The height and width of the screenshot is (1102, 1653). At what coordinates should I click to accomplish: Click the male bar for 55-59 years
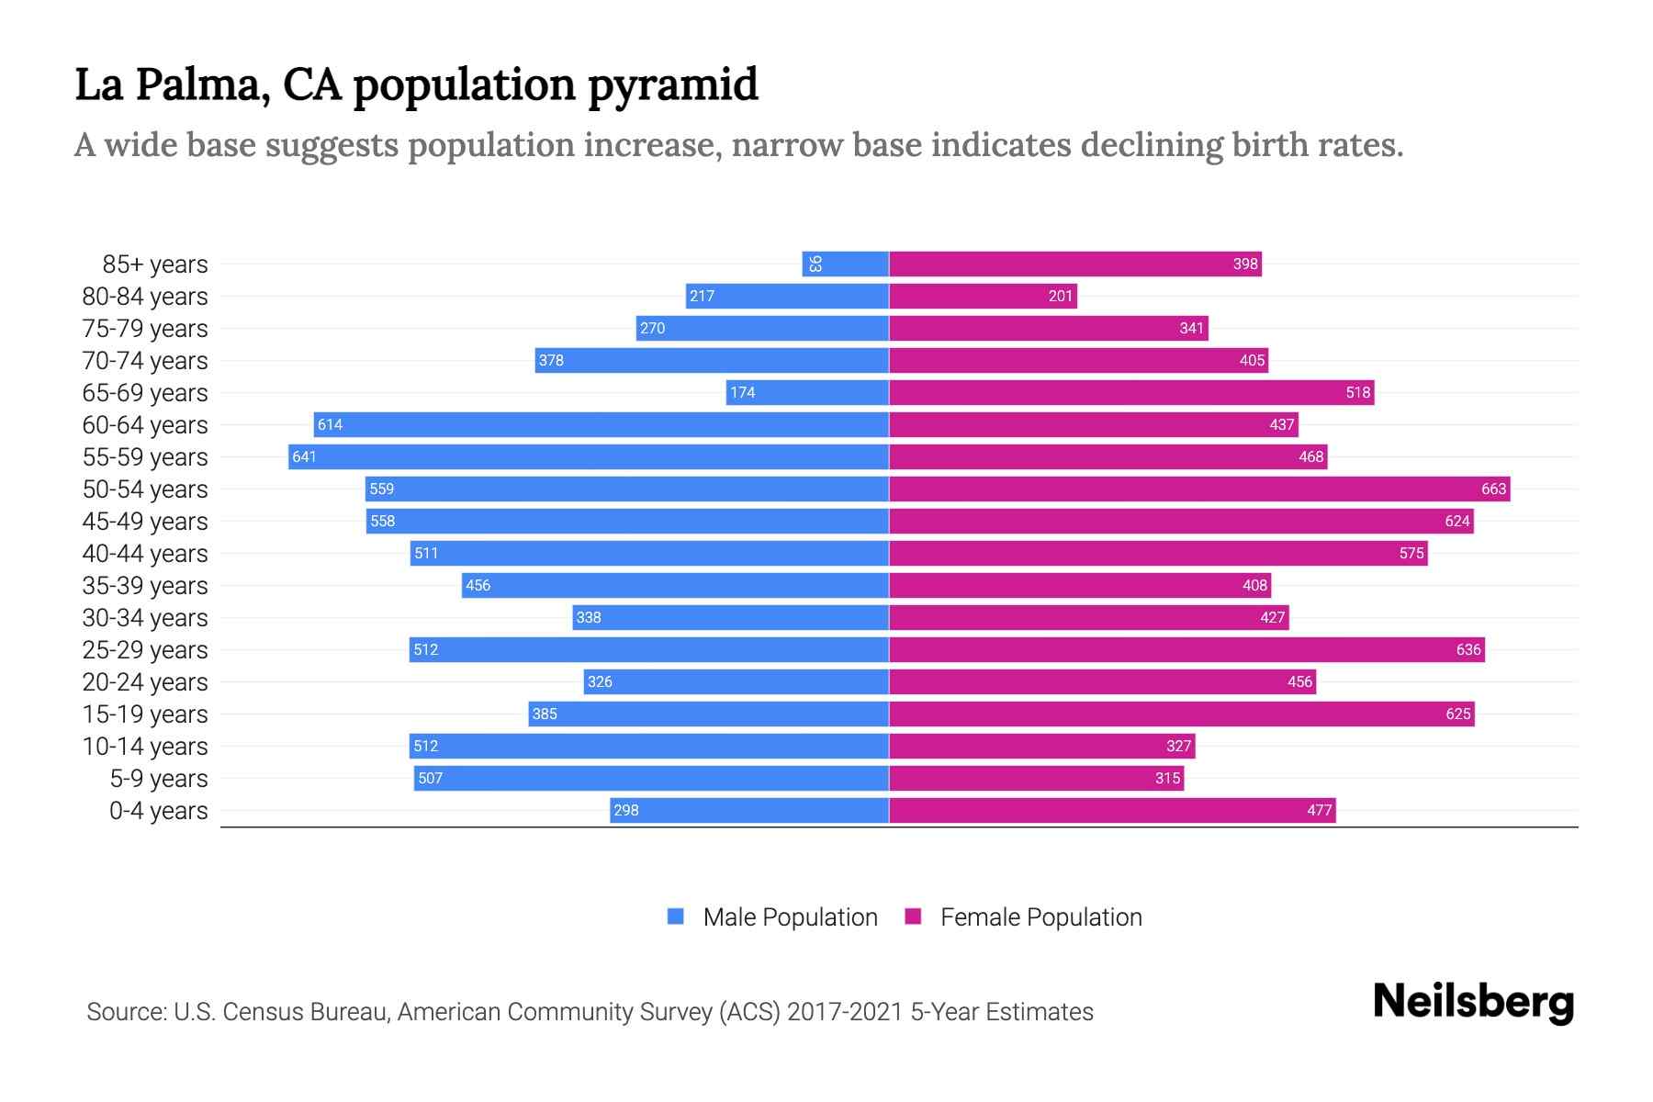(x=588, y=456)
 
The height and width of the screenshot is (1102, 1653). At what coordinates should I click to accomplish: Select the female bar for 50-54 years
(x=1198, y=489)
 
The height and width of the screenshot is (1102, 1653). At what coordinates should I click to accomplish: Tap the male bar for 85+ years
(x=845, y=264)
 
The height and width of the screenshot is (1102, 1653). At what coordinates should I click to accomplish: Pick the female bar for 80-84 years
(x=983, y=296)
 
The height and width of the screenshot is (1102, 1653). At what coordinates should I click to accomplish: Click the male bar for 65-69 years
(x=807, y=392)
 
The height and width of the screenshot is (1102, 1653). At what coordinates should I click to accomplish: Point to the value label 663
(x=1493, y=489)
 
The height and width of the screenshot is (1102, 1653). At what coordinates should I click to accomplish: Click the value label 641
(x=304, y=456)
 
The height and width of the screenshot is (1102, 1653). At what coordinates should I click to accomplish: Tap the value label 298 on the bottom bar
(x=626, y=810)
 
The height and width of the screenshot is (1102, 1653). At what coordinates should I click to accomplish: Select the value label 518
(x=1357, y=392)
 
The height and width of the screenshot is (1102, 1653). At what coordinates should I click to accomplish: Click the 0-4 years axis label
(x=158, y=810)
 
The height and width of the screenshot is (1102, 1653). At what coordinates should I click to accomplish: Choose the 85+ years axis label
(x=154, y=264)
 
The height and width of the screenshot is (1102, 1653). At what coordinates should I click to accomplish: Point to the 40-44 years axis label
(x=145, y=553)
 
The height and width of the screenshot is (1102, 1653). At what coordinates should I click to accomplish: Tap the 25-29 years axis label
(x=145, y=649)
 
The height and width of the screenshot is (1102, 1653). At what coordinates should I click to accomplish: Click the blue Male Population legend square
(x=676, y=916)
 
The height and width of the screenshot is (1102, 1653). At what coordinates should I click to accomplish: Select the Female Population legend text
(x=1040, y=916)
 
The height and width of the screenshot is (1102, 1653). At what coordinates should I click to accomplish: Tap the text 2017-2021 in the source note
(x=844, y=1011)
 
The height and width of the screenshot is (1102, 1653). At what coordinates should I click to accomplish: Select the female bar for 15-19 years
(x=1181, y=714)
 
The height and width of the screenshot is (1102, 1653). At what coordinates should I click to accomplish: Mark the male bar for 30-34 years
(x=730, y=617)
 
